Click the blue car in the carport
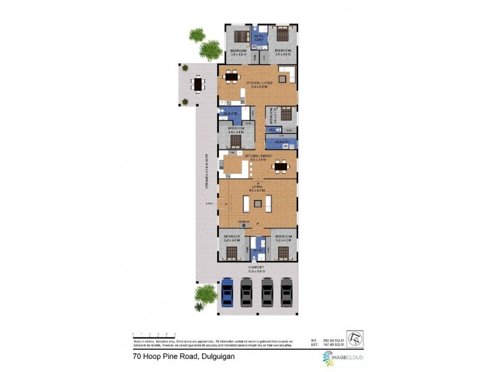(x=228, y=291)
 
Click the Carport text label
(x=257, y=267)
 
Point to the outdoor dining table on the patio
(x=198, y=82)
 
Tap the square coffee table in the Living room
(x=257, y=202)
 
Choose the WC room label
(x=272, y=130)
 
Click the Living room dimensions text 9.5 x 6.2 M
(x=257, y=190)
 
